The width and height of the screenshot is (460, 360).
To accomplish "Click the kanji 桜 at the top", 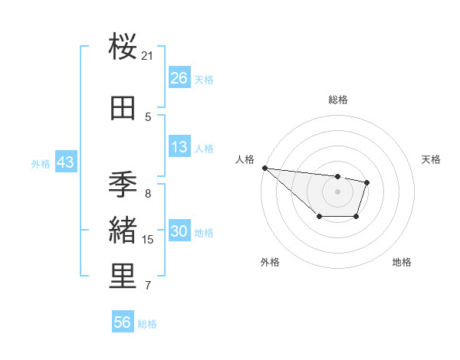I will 123,47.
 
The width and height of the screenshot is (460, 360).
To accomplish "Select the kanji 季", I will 123,185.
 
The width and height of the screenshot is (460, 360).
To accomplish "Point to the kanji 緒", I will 123,231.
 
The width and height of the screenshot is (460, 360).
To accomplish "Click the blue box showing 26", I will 179,77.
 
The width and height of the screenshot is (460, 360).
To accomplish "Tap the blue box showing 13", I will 179,147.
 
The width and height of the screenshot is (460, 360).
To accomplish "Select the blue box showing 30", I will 179,231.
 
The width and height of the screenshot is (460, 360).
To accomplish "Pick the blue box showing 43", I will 65,162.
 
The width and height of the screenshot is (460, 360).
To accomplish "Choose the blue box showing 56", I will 123,322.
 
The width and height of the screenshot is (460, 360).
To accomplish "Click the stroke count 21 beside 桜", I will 148,56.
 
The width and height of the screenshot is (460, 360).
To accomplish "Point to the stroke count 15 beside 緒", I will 148,240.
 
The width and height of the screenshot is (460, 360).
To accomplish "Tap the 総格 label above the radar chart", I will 338,100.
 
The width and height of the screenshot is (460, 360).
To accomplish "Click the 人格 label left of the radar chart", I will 245,159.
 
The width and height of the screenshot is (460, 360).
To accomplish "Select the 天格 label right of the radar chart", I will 432,159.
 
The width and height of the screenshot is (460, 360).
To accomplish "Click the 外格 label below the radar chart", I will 270,262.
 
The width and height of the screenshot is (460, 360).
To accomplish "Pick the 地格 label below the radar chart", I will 402,262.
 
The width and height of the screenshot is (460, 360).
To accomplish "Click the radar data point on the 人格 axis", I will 264,168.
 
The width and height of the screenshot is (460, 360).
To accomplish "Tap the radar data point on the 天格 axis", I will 368,182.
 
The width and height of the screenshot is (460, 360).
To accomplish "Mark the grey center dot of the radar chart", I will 338,191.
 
